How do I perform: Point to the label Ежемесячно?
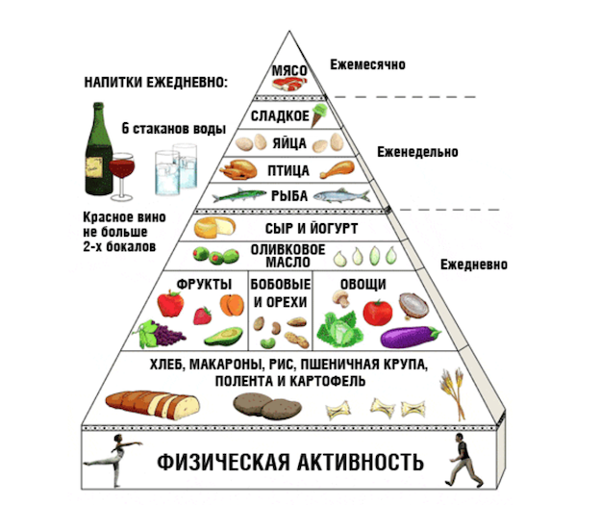pyautogui.click(x=367, y=64)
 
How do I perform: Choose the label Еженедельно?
pyautogui.click(x=416, y=152)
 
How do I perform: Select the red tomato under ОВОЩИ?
pyautogui.click(x=377, y=312)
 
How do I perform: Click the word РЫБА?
pyautogui.click(x=288, y=196)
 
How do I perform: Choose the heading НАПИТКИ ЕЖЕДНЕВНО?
pyautogui.click(x=156, y=83)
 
